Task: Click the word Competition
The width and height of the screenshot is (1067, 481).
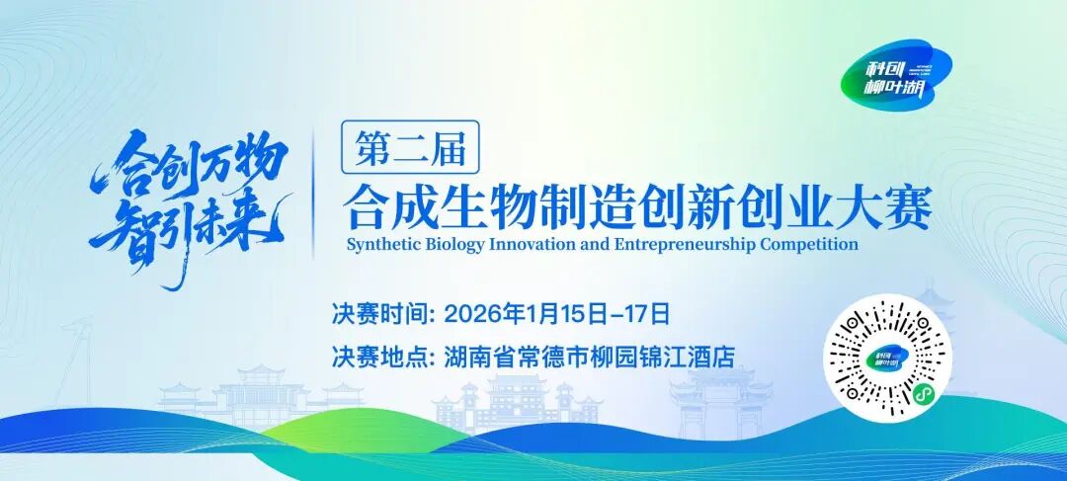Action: click(809, 244)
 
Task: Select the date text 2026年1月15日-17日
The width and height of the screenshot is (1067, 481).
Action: click(558, 315)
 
